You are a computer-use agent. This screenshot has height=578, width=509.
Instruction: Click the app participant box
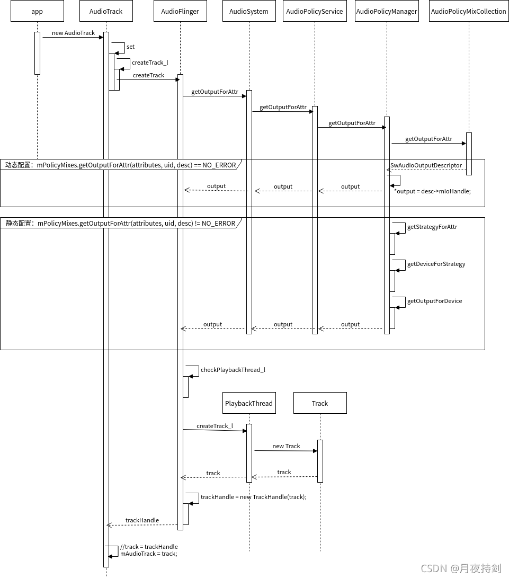(x=37, y=11)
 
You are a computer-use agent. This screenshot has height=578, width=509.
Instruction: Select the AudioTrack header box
(x=106, y=11)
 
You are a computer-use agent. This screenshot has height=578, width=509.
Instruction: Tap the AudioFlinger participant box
(x=180, y=11)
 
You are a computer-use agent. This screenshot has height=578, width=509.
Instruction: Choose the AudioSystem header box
(x=249, y=11)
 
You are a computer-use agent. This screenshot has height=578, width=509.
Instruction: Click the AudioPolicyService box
(x=315, y=11)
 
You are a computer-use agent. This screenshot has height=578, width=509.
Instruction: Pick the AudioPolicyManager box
(x=387, y=11)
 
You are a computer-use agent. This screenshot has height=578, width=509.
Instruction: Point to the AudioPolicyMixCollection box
(x=469, y=11)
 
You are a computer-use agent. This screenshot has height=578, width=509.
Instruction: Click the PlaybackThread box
(x=249, y=403)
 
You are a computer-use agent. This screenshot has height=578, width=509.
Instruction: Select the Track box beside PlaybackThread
(x=320, y=403)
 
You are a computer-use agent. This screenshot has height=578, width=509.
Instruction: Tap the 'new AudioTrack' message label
(x=73, y=33)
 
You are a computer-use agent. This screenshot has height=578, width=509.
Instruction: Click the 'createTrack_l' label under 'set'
(x=150, y=63)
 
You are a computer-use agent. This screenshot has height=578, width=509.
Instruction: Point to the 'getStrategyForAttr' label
(x=432, y=227)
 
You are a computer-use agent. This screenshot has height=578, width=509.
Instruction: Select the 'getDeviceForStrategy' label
(x=436, y=264)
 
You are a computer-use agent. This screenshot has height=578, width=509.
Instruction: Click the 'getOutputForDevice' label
(x=434, y=301)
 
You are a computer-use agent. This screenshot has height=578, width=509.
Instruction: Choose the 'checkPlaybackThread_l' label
(x=233, y=370)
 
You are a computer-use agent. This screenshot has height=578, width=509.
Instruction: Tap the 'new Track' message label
(x=286, y=446)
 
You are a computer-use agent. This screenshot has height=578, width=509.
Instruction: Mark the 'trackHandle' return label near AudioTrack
(x=142, y=520)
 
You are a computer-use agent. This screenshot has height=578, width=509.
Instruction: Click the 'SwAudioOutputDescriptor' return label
(x=426, y=165)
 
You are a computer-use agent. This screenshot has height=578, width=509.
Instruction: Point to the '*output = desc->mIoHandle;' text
(x=432, y=191)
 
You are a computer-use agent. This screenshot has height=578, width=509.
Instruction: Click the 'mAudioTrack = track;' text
(x=148, y=554)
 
